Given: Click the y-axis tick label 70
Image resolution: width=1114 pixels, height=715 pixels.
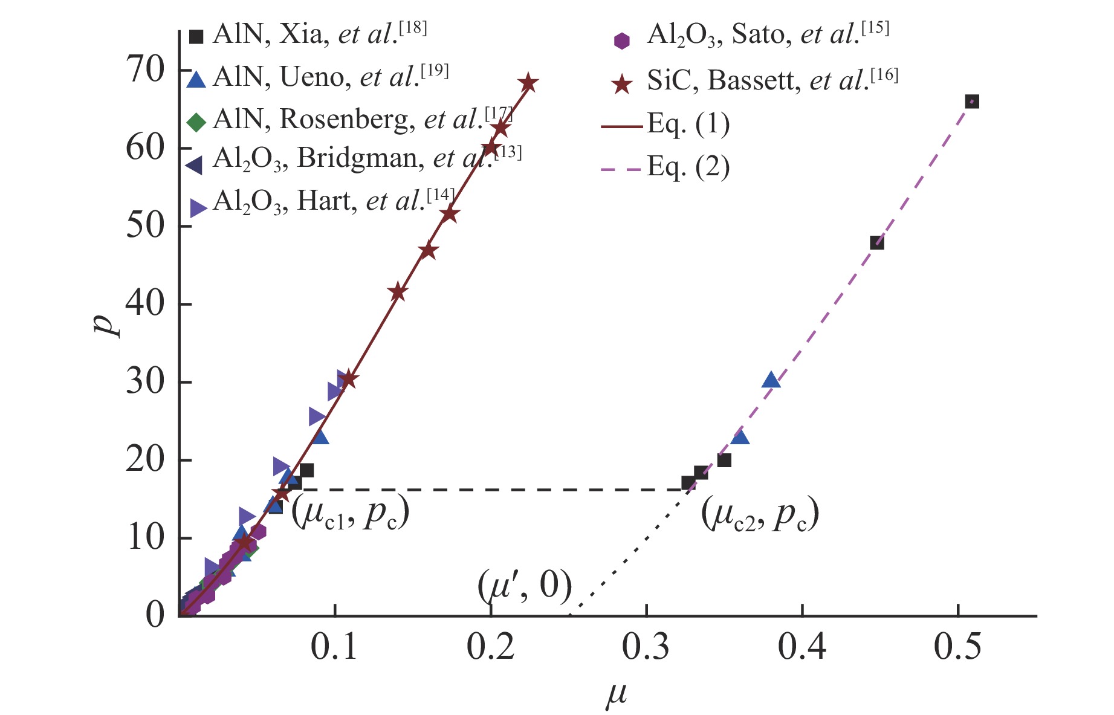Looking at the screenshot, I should (x=145, y=70).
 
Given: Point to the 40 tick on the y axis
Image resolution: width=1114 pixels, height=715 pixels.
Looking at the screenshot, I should (x=145, y=304).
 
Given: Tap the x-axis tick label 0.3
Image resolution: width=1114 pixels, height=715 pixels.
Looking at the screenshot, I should (x=646, y=647).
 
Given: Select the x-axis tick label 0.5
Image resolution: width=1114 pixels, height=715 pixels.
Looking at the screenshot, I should (x=957, y=647).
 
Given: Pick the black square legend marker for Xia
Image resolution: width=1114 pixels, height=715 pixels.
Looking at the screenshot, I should (x=196, y=37).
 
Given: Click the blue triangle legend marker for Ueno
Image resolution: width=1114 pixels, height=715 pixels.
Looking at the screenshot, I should (x=196, y=80).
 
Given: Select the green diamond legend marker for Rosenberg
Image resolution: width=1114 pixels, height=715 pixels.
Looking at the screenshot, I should (x=196, y=122).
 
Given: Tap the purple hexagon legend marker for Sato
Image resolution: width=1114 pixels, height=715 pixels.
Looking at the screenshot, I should (x=621, y=40).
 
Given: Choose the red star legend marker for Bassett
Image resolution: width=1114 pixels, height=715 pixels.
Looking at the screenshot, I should (x=621, y=84).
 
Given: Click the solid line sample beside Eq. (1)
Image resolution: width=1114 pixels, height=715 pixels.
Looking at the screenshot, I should (x=621, y=127).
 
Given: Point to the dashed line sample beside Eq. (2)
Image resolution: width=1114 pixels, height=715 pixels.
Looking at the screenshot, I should (x=621, y=170).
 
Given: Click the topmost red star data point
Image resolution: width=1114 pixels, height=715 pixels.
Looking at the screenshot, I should (x=528, y=83).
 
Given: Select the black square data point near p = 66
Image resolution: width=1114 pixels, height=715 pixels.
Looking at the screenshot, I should (x=972, y=102).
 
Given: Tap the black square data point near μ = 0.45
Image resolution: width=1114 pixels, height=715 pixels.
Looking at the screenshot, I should (x=876, y=243).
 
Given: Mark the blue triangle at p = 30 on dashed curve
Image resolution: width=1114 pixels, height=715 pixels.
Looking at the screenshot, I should (x=771, y=380).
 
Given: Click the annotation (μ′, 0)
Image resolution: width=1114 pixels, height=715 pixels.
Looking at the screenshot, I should (x=525, y=586).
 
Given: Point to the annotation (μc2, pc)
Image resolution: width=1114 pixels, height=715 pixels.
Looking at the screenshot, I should (x=760, y=515).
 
